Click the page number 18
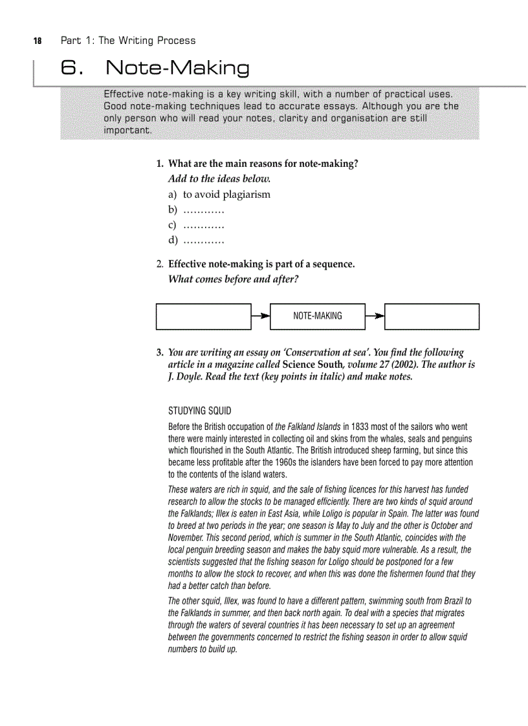click(37, 41)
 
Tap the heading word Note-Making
click(177, 68)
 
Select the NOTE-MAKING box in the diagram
click(317, 316)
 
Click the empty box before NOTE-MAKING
click(203, 316)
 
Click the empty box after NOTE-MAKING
click(432, 316)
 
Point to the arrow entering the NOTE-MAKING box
click(261, 316)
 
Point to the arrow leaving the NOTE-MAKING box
click(375, 316)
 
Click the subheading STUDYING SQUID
click(199, 411)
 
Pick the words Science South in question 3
click(310, 365)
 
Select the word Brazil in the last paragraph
click(445, 601)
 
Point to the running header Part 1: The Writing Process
click(127, 41)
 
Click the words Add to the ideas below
click(219, 178)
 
